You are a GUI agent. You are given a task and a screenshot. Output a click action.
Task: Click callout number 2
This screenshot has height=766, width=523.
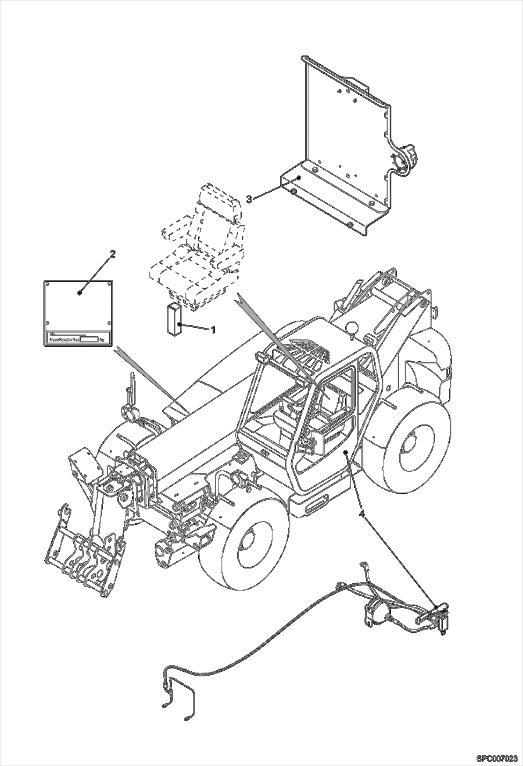pos(112,254)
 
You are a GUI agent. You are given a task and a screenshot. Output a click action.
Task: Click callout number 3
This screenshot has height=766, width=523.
pos(249,199)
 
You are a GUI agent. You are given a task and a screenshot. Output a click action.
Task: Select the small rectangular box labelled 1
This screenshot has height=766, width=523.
pos(174,320)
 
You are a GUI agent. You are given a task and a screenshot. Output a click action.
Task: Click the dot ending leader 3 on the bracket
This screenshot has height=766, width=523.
pos(299,178)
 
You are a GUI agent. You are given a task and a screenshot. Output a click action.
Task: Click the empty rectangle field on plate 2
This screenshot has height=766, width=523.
pos(89,339)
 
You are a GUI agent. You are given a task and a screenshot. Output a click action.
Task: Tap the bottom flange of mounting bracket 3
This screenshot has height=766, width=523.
pos(332,206)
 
